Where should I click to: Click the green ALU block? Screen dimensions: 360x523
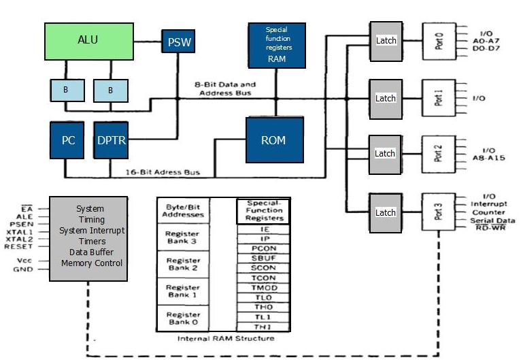[88, 40]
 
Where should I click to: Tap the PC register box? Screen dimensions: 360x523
[67, 141]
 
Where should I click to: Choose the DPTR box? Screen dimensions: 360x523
[111, 141]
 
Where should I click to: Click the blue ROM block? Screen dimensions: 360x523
[273, 140]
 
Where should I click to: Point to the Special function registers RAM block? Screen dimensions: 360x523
[276, 45]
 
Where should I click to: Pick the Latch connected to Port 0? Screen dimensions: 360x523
[386, 40]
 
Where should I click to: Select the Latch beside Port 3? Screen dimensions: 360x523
[386, 212]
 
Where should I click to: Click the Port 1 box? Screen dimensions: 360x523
[439, 97]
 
